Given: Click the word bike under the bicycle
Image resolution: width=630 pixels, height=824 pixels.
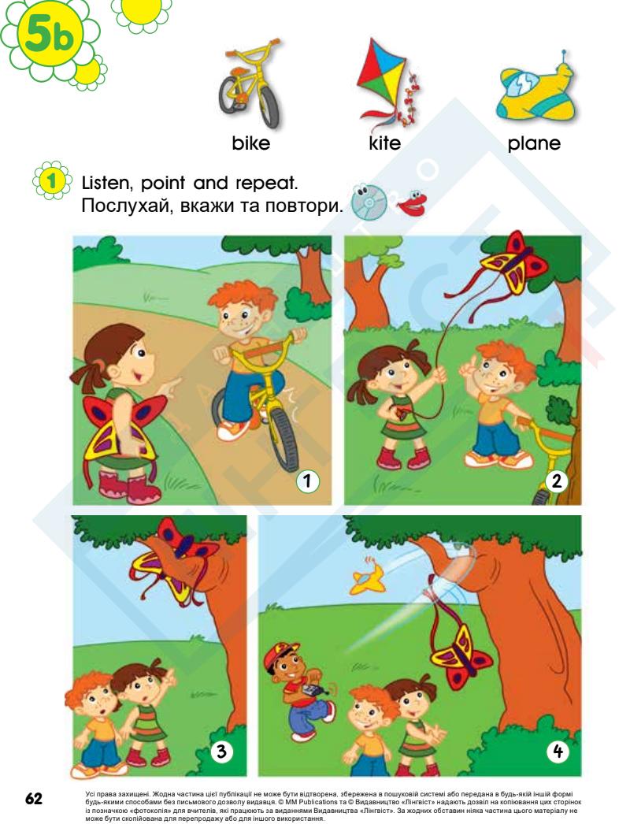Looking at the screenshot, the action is point(250,143).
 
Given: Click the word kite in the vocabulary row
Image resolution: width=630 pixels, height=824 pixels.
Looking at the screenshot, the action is point(384,143).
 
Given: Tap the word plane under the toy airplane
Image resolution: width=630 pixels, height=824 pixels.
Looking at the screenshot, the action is point(534,143).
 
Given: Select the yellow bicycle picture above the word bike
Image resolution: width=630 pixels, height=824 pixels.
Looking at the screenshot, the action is point(250,84).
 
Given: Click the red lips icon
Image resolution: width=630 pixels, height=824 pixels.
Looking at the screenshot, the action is point(413,202).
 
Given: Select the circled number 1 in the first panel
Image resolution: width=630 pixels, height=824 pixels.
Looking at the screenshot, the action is point(307,481).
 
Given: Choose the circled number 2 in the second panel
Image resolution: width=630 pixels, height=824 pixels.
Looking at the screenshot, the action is point(557,481).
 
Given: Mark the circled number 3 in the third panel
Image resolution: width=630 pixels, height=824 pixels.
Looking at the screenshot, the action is point(221,752).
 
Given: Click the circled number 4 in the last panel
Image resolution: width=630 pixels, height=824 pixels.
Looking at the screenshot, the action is point(557,752).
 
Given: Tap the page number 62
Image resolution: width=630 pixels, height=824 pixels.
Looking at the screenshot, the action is point(34,799).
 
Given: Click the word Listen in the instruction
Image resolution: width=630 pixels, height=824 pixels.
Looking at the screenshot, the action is point(105,184).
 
